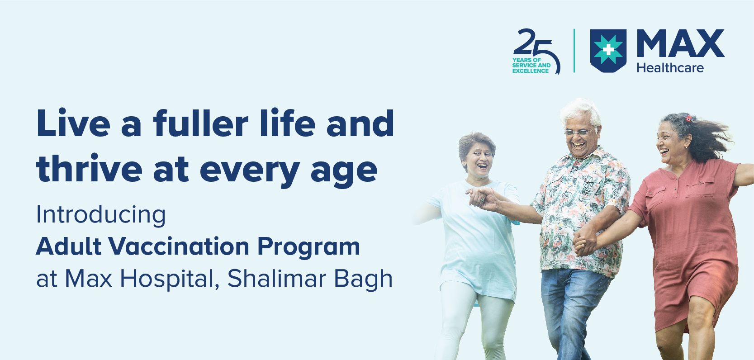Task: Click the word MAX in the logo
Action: (x=680, y=43)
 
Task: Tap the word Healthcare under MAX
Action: (x=670, y=68)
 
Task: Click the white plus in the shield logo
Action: (x=608, y=50)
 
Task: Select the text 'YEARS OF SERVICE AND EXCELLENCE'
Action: (x=531, y=66)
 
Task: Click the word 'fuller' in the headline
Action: (x=201, y=123)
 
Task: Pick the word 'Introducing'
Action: (x=101, y=215)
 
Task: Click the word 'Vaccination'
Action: (x=179, y=246)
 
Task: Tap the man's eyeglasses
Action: (x=580, y=132)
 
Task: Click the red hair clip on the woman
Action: (x=688, y=118)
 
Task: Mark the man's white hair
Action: (x=582, y=111)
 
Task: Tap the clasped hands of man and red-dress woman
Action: (x=585, y=242)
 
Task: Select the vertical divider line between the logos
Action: (x=574, y=51)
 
